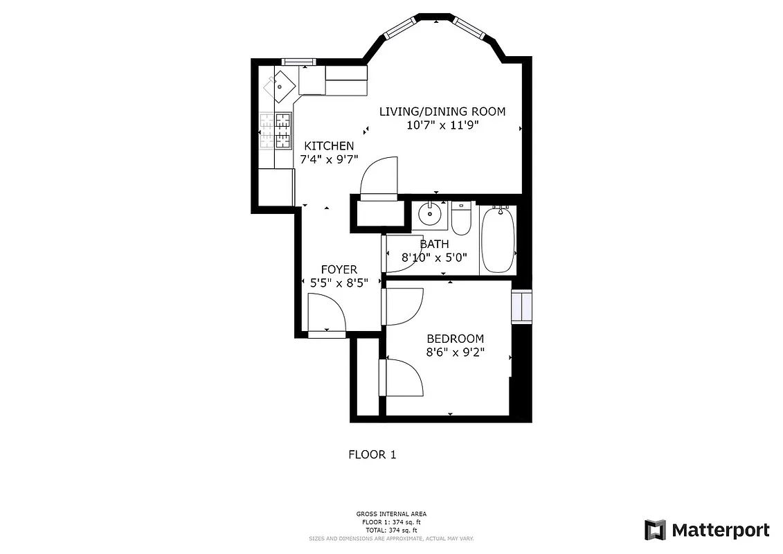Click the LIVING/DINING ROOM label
(x=442, y=111)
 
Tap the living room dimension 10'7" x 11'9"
(x=442, y=125)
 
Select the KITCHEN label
(x=330, y=146)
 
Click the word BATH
(x=435, y=244)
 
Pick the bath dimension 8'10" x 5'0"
(x=435, y=257)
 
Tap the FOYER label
(x=339, y=269)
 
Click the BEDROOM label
(x=455, y=339)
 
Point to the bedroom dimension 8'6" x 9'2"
(x=455, y=352)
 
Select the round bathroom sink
(x=432, y=213)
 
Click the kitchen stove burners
(x=282, y=131)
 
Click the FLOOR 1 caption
(x=372, y=455)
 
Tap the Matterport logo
(x=707, y=530)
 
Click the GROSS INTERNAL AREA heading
(x=391, y=514)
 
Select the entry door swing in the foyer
(x=326, y=313)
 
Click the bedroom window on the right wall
(x=521, y=307)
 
